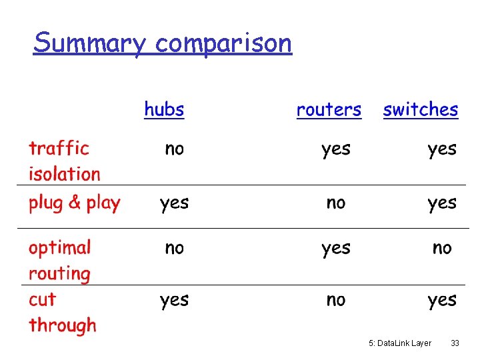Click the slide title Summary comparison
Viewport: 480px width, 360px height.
point(163,43)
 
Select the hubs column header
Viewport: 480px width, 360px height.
point(164,109)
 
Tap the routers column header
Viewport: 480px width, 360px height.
point(329,109)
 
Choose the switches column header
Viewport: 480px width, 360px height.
point(421,109)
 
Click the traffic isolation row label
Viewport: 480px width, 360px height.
point(64,161)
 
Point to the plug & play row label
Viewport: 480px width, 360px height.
point(74,203)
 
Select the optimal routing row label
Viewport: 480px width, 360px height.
point(59,260)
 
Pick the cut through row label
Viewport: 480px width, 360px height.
point(62,312)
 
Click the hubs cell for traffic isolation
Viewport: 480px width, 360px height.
point(174,149)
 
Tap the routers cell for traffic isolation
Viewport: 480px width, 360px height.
point(335,149)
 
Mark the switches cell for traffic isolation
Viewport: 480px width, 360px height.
point(442,149)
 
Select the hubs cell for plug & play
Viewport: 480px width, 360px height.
point(174,203)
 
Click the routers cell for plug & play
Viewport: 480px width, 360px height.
point(336,203)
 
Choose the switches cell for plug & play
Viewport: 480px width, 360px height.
point(442,203)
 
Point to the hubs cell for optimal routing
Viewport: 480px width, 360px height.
point(174,248)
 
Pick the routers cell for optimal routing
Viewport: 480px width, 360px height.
point(335,249)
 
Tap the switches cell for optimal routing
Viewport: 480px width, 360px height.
point(442,248)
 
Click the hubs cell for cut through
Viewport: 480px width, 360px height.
point(174,301)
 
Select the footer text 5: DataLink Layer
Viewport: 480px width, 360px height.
point(400,343)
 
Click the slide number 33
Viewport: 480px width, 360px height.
point(455,343)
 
